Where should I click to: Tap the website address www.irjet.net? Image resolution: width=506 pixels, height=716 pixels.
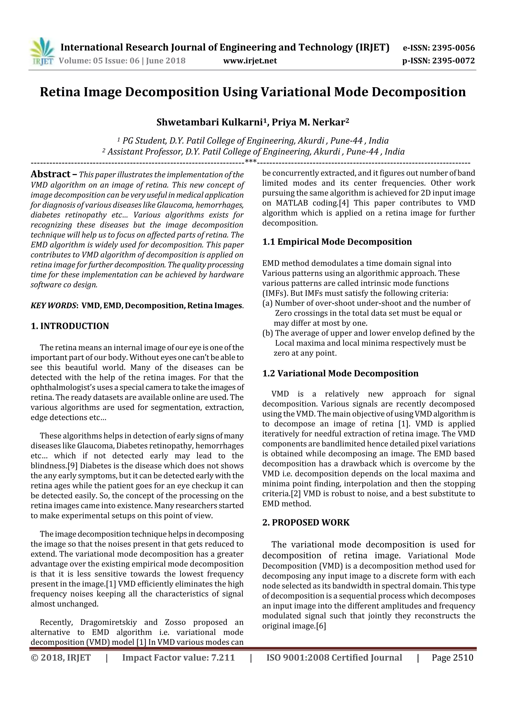coord(250,61)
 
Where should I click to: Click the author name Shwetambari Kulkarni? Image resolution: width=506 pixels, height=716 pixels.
coord(209,122)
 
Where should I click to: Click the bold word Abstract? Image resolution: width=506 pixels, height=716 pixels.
coord(51,174)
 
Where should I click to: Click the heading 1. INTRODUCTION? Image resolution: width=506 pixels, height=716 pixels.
coord(70,326)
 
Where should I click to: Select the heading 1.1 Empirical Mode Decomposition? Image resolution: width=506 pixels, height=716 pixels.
coord(337,242)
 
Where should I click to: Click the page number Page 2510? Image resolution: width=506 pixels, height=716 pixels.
coord(452,658)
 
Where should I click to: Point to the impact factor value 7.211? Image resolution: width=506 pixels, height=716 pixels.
coord(223,658)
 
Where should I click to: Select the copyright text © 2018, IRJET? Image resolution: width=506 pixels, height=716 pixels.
coord(61,658)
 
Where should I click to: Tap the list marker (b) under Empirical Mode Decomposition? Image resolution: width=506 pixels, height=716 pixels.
coord(268,333)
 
